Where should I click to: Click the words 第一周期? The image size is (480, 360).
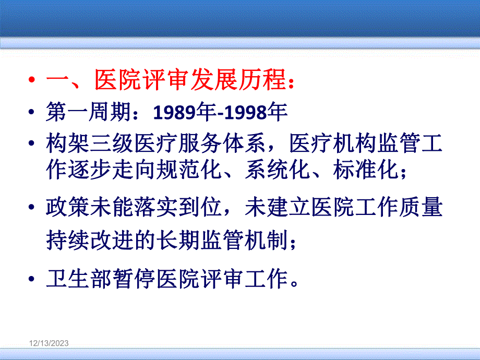point(89,112)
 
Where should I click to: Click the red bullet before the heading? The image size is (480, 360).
point(33,82)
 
